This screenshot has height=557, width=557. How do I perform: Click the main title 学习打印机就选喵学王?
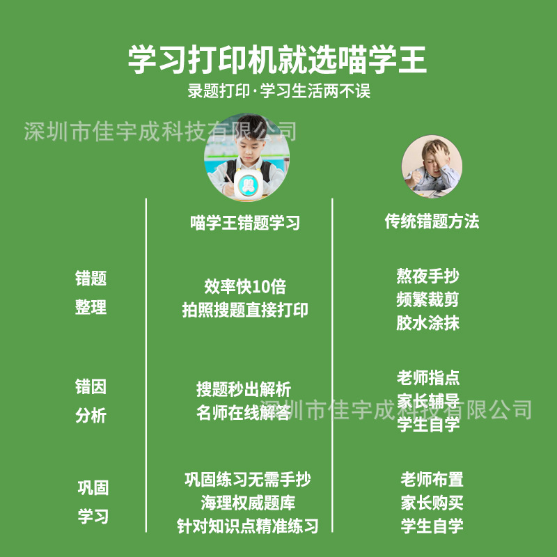click(277, 59)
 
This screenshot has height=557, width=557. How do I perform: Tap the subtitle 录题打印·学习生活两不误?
click(278, 91)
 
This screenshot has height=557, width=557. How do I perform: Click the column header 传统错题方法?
click(432, 221)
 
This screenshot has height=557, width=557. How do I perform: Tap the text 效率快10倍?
click(245, 287)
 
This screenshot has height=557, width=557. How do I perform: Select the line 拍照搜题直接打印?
click(245, 310)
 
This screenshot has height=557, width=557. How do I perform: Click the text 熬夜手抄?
click(428, 276)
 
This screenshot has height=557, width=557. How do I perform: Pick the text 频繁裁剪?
click(428, 300)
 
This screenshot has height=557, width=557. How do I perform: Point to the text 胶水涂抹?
click(428, 323)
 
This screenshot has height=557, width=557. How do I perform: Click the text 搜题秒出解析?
click(244, 389)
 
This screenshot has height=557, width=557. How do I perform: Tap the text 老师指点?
click(428, 378)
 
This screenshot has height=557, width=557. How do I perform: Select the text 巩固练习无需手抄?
click(248, 479)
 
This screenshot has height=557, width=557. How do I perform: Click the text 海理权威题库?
click(248, 502)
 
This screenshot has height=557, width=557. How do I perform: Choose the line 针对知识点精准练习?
click(248, 525)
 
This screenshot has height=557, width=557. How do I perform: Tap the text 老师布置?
click(432, 479)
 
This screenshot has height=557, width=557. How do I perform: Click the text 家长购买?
click(432, 502)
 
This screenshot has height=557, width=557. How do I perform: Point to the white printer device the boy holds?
click(248, 184)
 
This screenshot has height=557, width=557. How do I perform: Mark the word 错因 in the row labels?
click(91, 386)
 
